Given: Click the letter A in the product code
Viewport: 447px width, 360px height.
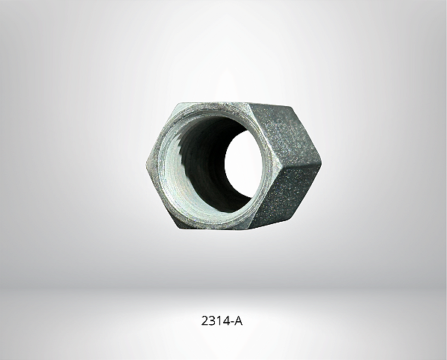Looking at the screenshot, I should click(237, 322).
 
